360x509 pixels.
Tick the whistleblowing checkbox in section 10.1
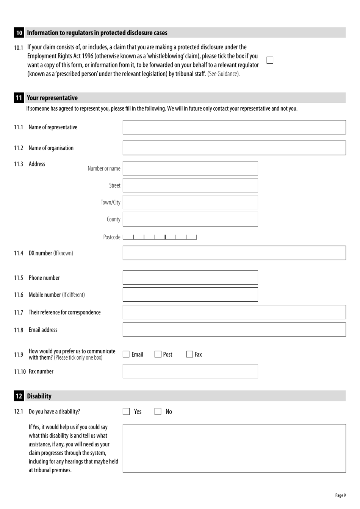(270, 60)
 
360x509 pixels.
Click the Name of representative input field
(234, 127)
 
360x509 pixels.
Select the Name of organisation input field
(234, 148)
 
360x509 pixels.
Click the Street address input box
(190, 185)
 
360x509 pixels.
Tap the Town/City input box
(190, 202)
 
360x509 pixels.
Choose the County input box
(190, 219)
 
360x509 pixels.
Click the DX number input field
(234, 253)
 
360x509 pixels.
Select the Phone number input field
(190, 277)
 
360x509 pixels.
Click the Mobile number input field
(190, 294)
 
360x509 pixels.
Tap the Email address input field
(234, 330)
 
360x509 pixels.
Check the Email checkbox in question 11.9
(126, 354)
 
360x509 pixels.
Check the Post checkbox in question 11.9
(158, 354)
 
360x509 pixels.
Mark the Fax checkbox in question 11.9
(190, 354)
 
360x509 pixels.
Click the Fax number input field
(190, 371)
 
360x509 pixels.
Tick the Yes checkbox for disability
(126, 412)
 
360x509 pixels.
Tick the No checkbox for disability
(158, 412)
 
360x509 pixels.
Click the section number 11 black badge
(19, 98)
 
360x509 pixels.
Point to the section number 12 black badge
(19, 396)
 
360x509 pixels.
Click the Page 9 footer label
(340, 495)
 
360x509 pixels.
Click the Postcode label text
(111, 237)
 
